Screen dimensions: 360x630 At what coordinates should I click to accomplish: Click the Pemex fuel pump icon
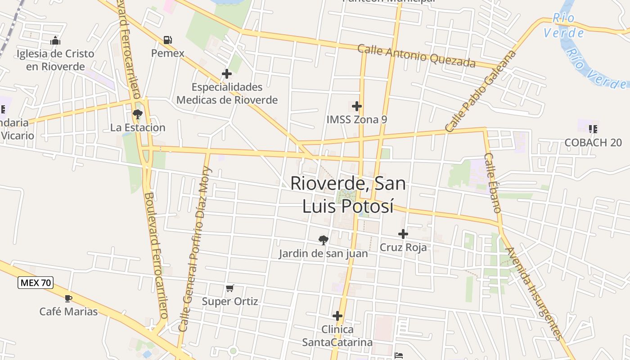coord(168,40)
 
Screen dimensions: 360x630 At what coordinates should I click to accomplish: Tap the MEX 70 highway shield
coord(36,283)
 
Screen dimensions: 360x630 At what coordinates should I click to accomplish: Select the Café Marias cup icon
coord(68,298)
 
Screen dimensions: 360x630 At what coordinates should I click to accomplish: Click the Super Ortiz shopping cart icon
coord(230,288)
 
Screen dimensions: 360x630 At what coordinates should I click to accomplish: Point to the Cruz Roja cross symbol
coord(403,234)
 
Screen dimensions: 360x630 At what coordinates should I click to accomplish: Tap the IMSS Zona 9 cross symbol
coord(357,107)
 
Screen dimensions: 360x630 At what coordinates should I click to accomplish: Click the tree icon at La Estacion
coord(138,114)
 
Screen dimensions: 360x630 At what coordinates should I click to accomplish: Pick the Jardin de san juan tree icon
coord(323,240)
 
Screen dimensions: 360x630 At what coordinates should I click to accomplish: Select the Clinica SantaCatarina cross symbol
coord(337,316)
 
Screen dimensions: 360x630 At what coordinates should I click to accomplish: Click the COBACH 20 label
coord(593,143)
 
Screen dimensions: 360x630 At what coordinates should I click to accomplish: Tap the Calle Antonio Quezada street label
coord(416,56)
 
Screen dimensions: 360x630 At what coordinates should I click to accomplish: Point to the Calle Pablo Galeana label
coord(480,91)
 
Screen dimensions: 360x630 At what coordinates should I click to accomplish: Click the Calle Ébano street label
coord(492,183)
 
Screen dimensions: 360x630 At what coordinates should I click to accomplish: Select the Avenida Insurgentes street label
coord(534,293)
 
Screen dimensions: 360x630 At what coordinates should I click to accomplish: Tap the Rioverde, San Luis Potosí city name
coord(348,194)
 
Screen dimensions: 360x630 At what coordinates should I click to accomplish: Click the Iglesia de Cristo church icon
coord(55,41)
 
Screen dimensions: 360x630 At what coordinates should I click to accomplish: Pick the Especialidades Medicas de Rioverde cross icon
coord(227,74)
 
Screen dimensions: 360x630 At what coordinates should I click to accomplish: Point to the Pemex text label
coord(168,54)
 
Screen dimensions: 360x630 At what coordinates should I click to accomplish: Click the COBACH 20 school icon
coord(593,129)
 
